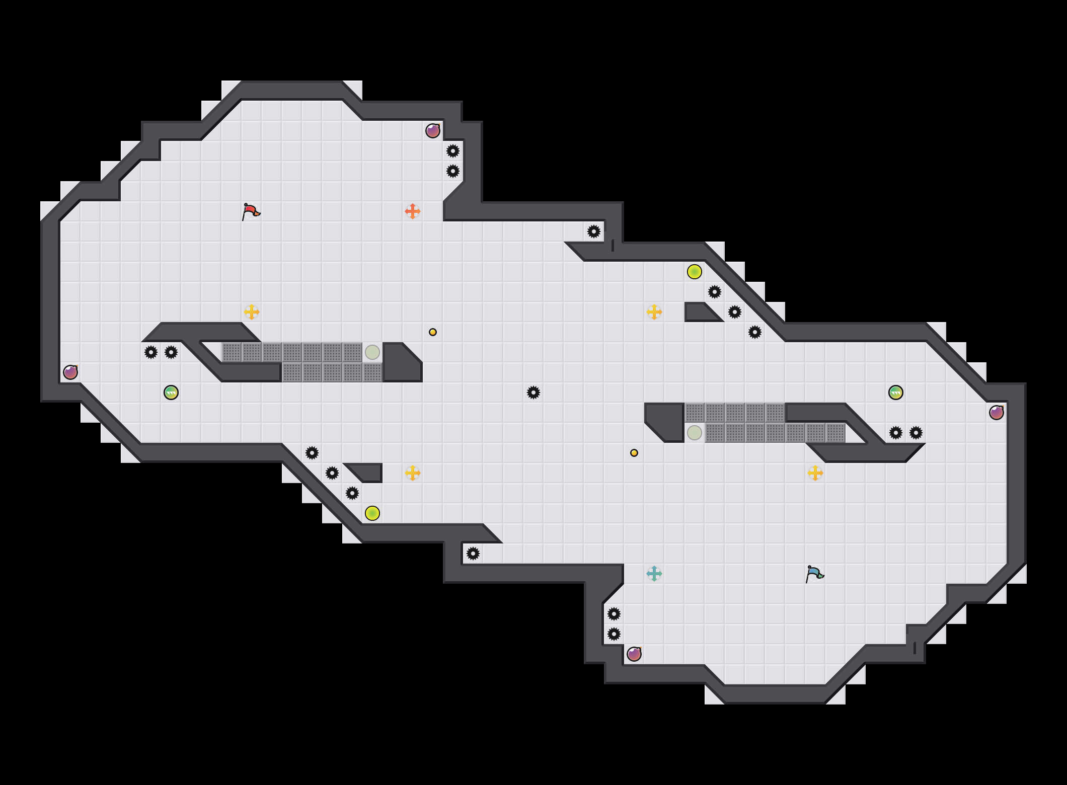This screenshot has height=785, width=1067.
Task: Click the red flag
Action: point(251,212)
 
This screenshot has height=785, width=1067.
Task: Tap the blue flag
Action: point(814,574)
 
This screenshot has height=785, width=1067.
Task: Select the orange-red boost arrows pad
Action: point(413,211)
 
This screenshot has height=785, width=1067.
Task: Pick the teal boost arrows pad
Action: point(654,574)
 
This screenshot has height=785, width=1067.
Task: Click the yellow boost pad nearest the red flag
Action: point(252,312)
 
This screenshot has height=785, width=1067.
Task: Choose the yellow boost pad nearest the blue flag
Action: point(815,473)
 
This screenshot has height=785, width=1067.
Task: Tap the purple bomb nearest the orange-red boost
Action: point(433,131)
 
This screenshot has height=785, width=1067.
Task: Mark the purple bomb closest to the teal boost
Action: point(634,654)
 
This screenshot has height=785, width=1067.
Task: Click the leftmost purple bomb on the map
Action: point(70,372)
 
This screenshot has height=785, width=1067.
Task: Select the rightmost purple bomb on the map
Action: point(997,413)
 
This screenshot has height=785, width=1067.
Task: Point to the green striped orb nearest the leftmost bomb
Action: point(171,392)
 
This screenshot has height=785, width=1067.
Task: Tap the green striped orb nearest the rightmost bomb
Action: point(896,392)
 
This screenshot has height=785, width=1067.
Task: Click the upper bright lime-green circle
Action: point(695,272)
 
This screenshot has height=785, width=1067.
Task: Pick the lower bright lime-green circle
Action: point(372,513)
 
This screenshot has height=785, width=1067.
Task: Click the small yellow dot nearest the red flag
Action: point(433,332)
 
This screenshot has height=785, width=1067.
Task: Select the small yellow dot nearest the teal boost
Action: point(634,453)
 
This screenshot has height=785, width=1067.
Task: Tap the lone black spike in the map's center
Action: point(533,392)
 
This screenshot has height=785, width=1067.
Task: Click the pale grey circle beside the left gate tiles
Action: point(372,352)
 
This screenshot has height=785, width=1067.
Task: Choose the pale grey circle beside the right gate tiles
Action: point(695,433)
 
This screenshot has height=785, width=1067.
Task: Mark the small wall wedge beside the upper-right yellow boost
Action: point(700,313)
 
